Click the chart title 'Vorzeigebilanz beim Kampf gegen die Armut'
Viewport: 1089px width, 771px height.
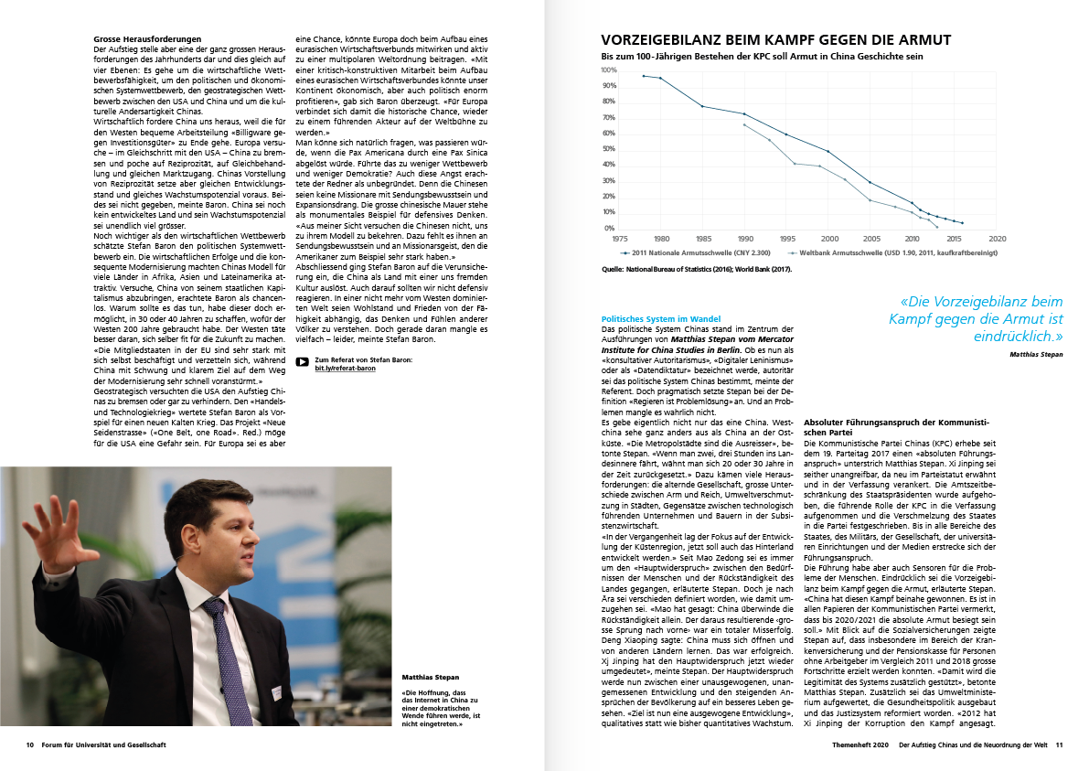[775, 40]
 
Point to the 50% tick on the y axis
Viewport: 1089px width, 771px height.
[608, 149]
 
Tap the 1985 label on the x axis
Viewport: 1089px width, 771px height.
[703, 238]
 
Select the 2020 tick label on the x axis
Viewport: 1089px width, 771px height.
[998, 238]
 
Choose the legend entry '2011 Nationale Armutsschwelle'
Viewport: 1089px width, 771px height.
[696, 252]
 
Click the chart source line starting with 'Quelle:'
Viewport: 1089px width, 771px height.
[697, 270]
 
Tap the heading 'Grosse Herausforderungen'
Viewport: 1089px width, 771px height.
[147, 39]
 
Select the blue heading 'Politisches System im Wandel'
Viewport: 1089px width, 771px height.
[661, 319]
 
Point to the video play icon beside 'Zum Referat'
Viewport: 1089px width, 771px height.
[302, 362]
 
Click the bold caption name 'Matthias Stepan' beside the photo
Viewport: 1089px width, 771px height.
[431, 677]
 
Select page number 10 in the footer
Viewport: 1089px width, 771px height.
[30, 745]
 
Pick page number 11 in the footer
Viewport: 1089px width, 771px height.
[1059, 745]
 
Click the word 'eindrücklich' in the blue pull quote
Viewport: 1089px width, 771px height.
[1014, 337]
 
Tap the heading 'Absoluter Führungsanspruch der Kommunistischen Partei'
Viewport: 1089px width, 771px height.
[897, 427]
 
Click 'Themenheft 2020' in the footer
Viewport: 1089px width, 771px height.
[860, 745]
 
